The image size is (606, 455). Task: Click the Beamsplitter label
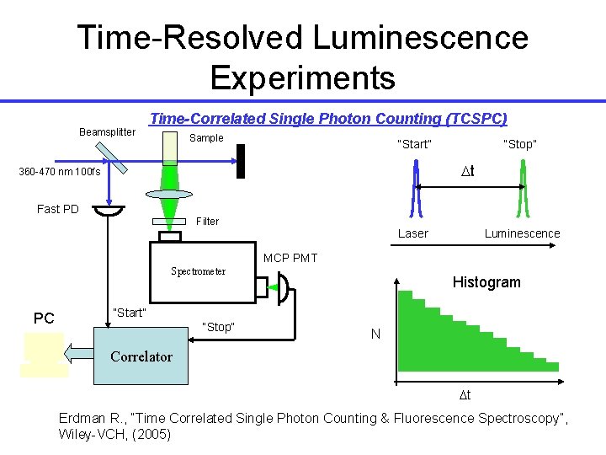point(107,132)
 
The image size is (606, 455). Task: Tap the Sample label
point(206,138)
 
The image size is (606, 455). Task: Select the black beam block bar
point(242,159)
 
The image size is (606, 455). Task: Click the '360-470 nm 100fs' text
point(60,173)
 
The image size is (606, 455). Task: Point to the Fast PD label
point(58,209)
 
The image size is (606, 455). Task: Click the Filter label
point(207,222)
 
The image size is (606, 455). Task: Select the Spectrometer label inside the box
point(198,271)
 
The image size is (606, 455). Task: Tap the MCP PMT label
point(290,258)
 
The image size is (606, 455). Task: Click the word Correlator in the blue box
point(141,356)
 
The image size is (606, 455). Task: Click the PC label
point(44,318)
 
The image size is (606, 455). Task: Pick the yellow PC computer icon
point(45,354)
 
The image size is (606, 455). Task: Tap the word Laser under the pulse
point(412,233)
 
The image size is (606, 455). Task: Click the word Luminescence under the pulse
point(522,233)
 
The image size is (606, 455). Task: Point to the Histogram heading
point(486,282)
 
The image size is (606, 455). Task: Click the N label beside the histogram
point(375,335)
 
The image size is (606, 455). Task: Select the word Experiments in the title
point(302,78)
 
